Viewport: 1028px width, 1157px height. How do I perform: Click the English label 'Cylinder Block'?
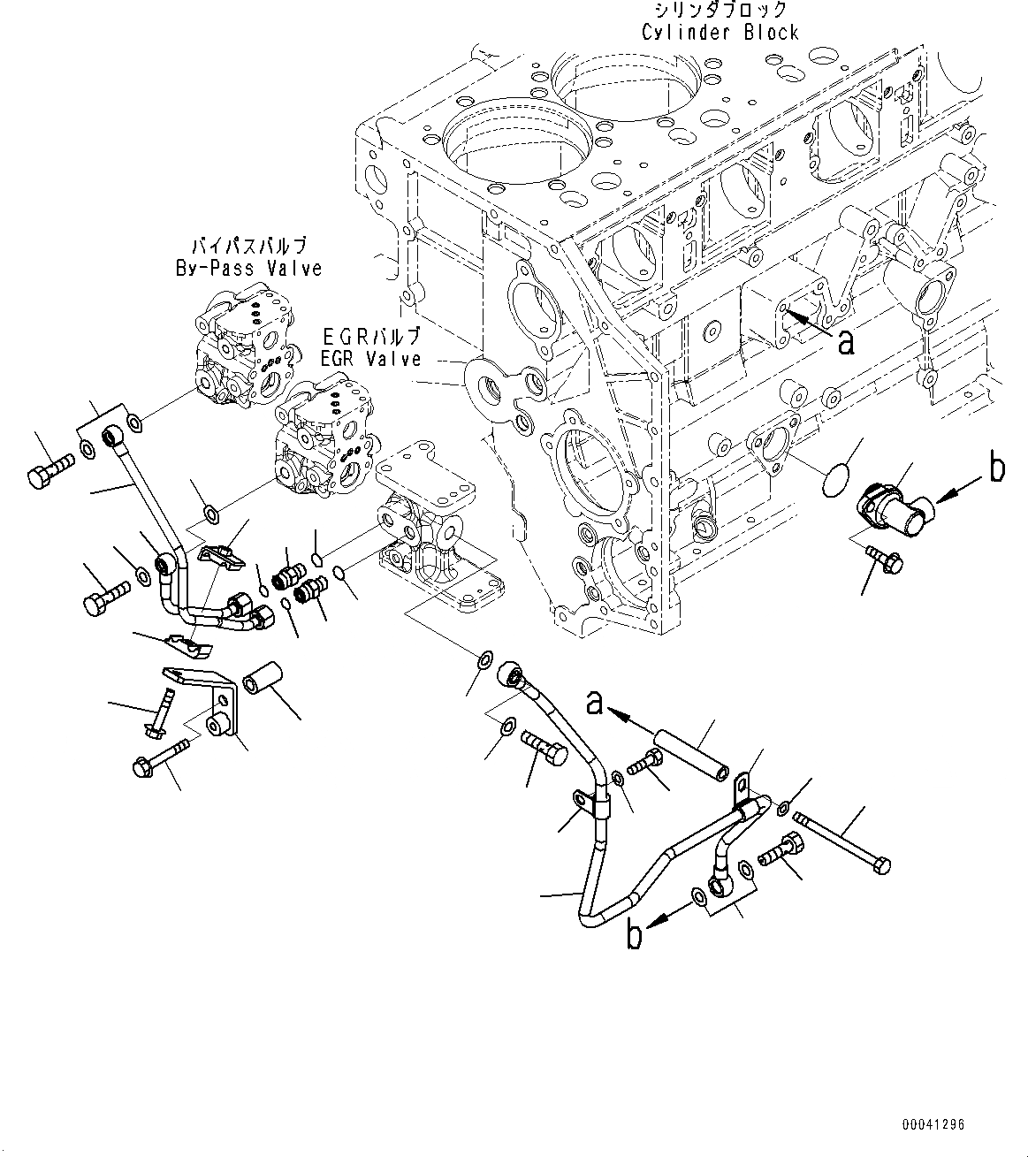click(720, 33)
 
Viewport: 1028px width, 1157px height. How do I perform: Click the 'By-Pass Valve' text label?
click(248, 268)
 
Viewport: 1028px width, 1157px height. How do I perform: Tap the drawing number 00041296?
click(933, 1125)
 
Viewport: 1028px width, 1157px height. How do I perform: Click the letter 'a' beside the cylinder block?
click(846, 341)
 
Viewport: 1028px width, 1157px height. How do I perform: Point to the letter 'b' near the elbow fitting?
click(997, 468)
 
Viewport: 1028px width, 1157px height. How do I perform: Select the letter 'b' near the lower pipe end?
click(634, 935)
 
